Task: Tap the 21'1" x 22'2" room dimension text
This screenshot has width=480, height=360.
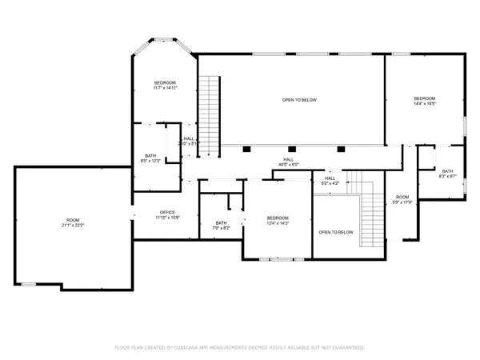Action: click(x=73, y=226)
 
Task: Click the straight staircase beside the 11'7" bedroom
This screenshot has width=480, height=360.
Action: click(x=209, y=116)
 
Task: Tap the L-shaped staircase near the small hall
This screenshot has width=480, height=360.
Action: click(x=370, y=216)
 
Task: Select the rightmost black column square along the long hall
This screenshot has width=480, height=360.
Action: click(x=342, y=148)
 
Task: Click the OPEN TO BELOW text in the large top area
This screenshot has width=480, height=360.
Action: click(x=299, y=100)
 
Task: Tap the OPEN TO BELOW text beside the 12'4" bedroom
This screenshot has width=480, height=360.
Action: click(x=336, y=233)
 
